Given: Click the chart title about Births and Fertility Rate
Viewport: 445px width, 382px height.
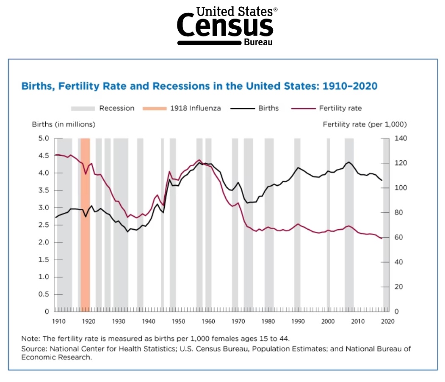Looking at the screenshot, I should click(x=199, y=86).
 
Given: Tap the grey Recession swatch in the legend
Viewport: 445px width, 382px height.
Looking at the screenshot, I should click(x=83, y=108).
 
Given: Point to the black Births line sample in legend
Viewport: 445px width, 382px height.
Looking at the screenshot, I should click(x=242, y=108).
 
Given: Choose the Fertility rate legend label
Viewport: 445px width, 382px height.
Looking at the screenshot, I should click(x=340, y=108).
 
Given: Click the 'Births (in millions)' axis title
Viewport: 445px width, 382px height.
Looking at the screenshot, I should click(x=64, y=124).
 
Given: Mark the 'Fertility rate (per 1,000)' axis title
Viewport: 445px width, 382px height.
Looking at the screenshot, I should click(x=365, y=124).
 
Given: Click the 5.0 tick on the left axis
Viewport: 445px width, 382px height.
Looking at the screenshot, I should click(x=44, y=138).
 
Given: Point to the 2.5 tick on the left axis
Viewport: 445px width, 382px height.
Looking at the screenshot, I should click(x=44, y=225).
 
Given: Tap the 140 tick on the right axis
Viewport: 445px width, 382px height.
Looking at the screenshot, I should click(x=401, y=138).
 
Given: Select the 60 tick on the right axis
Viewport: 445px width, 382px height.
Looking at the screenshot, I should click(x=399, y=237).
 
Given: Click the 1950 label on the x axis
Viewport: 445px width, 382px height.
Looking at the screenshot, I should click(x=179, y=321).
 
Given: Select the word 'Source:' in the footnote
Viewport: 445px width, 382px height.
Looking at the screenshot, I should click(x=34, y=349).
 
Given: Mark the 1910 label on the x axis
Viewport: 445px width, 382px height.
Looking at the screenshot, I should click(x=59, y=321).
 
